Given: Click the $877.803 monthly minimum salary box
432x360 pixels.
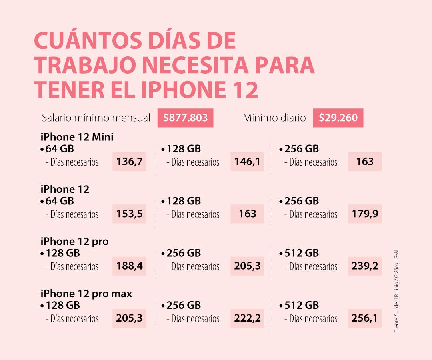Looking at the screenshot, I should click(185, 118).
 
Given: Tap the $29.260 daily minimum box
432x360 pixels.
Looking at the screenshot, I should click(338, 118).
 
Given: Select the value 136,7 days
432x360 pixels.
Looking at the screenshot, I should click(129, 162).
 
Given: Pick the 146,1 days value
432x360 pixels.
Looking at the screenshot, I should click(247, 162).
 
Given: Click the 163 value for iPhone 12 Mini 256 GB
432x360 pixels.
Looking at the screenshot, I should click(364, 162).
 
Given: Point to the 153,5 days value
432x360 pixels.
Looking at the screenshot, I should click(129, 214).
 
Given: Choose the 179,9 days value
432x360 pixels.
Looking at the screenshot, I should click(364, 214).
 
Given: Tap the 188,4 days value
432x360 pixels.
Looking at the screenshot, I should click(129, 266).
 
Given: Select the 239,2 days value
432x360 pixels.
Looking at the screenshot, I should click(364, 266).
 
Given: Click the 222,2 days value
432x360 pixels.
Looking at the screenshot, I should click(247, 318).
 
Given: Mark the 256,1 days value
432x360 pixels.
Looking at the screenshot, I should click(364, 318).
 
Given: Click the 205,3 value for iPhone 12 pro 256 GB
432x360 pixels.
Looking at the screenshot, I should click(247, 266).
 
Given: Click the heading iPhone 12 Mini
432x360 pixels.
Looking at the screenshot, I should click(77, 137).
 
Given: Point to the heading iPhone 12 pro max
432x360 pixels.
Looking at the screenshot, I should click(86, 294).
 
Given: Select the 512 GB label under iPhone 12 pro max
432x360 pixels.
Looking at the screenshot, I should click(301, 305).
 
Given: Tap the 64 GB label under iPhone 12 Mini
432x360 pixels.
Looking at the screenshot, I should click(59, 149).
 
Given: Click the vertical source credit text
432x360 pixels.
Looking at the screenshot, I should click(396, 291).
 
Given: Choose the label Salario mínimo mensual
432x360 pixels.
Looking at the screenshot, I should click(96, 118).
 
